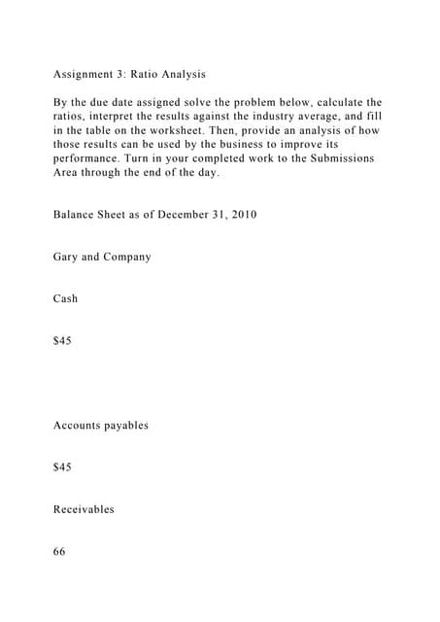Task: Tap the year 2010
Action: click(242, 214)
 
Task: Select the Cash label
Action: click(66, 298)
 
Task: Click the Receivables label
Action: click(84, 508)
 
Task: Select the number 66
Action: click(60, 551)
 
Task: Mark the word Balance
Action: click(77, 214)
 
